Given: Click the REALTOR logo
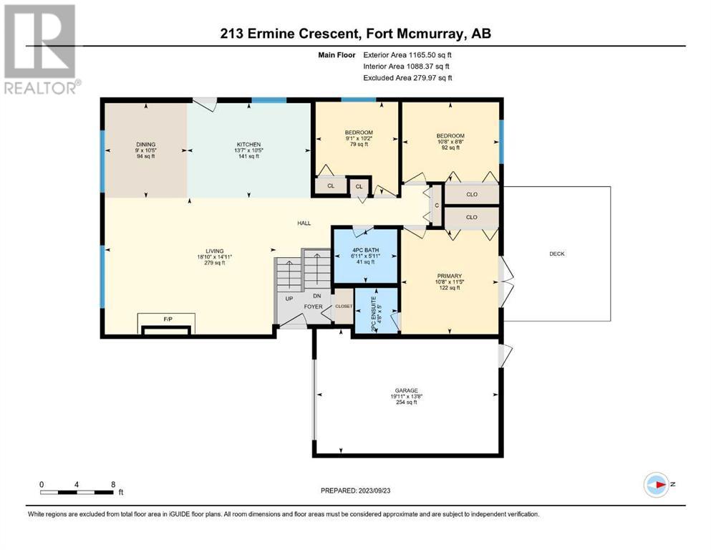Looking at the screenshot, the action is pos(42,49).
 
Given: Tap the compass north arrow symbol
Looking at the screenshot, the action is pos(657,485).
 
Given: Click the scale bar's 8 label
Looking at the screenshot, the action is pos(113,484).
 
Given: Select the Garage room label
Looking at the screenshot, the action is pos(406,390).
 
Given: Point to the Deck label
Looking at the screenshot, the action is pos(557,254).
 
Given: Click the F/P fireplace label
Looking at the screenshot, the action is pos(168,319).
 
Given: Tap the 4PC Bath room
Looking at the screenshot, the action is pos(365,256).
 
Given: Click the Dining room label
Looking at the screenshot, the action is pos(145,144).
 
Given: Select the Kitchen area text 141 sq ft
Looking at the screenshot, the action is pos(248,156).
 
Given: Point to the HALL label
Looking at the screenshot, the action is pos(304,223).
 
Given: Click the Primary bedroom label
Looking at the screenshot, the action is pos(450,276).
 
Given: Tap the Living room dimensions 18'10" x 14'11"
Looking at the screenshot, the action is pos(215,256).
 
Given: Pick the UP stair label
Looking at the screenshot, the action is pos(289,299).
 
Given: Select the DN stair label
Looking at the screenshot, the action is pos(317,296).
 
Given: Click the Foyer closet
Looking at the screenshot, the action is pos(343,307).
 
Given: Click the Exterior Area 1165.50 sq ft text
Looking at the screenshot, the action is pos(407,55).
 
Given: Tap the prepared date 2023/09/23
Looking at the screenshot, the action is pos(374,491).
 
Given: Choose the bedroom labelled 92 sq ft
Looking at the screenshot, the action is pos(450,142).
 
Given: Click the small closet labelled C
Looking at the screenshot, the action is pos(437,206).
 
